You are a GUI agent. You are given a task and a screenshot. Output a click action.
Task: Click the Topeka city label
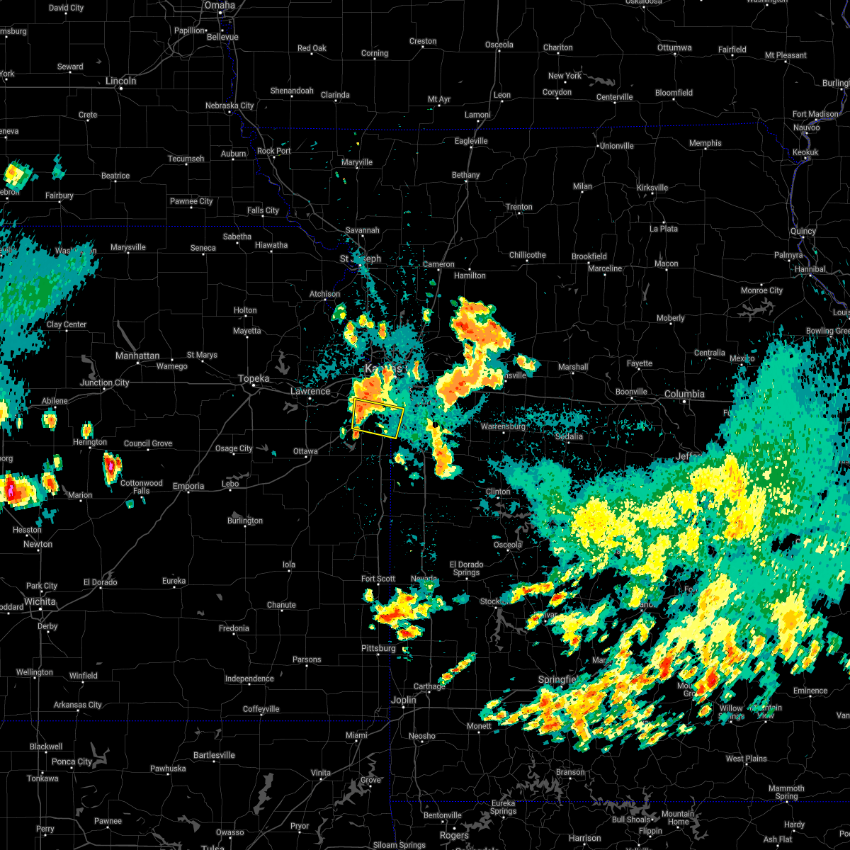(254, 379)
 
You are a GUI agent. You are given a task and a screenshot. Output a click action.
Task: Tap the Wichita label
(40, 601)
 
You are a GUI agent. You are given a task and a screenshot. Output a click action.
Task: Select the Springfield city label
(557, 679)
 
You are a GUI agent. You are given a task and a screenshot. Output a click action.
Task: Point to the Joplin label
(404, 700)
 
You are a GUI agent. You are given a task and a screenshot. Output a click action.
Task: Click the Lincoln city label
(120, 81)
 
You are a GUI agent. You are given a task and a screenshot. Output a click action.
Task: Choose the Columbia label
(684, 394)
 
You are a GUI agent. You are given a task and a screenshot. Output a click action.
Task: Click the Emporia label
(188, 486)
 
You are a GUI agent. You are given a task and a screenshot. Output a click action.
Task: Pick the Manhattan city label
(137, 356)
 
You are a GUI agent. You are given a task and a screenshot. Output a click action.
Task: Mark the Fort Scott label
(378, 579)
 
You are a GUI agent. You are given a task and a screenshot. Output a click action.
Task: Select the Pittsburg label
(378, 648)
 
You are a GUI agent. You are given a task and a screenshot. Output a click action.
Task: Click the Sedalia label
(569, 436)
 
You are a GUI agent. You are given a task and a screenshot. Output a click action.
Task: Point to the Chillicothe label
(527, 255)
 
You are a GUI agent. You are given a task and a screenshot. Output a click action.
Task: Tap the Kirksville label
(652, 188)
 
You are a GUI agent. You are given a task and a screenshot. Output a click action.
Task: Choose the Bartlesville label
(214, 755)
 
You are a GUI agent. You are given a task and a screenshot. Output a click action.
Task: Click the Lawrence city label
(310, 391)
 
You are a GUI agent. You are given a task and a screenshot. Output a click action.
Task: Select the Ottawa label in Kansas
(305, 451)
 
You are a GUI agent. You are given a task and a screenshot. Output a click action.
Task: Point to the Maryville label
(357, 162)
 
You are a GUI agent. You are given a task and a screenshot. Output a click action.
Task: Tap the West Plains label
(746, 759)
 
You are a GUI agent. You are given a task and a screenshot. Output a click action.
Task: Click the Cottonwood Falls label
(142, 487)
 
